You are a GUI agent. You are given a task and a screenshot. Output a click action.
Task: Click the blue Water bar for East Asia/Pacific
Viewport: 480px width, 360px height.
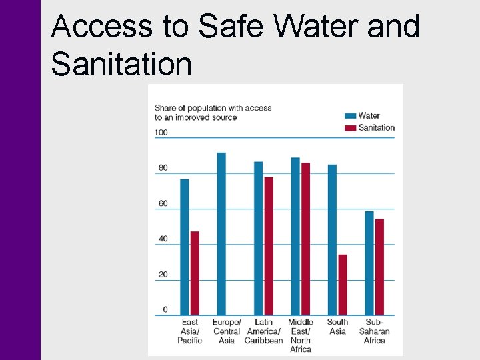(185, 247)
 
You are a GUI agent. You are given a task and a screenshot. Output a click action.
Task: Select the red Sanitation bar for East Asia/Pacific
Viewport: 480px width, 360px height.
(195, 273)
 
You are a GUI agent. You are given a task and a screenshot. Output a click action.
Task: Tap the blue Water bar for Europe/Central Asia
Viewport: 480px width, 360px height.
(221, 233)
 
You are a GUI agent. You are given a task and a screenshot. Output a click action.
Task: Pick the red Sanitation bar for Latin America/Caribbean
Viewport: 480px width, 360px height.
(269, 246)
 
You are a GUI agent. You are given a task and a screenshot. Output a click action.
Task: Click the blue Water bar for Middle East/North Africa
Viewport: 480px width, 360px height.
(295, 236)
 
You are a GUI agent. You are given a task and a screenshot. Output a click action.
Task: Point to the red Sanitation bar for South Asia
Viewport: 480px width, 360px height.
(343, 285)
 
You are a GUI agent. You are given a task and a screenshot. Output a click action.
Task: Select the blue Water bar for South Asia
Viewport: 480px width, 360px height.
(332, 239)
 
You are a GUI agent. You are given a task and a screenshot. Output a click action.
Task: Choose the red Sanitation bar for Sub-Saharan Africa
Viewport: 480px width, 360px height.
(379, 267)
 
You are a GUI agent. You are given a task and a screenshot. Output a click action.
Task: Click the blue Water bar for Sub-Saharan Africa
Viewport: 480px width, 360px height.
(369, 263)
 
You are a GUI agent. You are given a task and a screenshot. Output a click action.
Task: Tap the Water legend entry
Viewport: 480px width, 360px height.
(369, 115)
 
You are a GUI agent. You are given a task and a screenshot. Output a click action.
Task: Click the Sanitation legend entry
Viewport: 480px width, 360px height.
(376, 127)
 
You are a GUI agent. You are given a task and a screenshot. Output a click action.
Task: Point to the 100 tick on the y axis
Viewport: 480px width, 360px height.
(161, 132)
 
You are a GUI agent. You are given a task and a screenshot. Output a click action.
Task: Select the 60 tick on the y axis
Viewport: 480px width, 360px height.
(163, 203)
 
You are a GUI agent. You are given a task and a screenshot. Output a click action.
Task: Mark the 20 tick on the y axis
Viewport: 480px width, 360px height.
(163, 275)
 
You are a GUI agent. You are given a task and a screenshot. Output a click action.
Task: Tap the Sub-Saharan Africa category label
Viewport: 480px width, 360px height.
(374, 331)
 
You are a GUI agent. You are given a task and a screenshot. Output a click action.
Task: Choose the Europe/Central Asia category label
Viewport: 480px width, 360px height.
(227, 331)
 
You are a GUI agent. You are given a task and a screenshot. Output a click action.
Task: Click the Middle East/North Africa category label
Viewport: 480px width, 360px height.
(301, 335)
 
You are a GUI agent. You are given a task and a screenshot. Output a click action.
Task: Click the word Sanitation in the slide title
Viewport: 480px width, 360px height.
(121, 65)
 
